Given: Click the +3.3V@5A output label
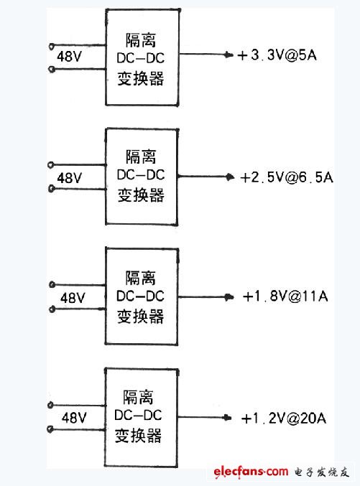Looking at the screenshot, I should (277, 55).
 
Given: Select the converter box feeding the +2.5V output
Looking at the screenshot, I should (141, 177).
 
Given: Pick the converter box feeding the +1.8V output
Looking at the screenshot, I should (141, 296).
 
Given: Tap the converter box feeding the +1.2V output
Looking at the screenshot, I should (141, 416).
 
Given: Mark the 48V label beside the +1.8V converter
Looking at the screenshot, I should (73, 297).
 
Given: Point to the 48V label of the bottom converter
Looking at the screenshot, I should (74, 417).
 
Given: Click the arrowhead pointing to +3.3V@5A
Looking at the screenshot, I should (229, 55).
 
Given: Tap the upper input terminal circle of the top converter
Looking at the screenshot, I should (50, 44).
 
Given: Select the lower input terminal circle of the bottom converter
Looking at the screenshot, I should (50, 430).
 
